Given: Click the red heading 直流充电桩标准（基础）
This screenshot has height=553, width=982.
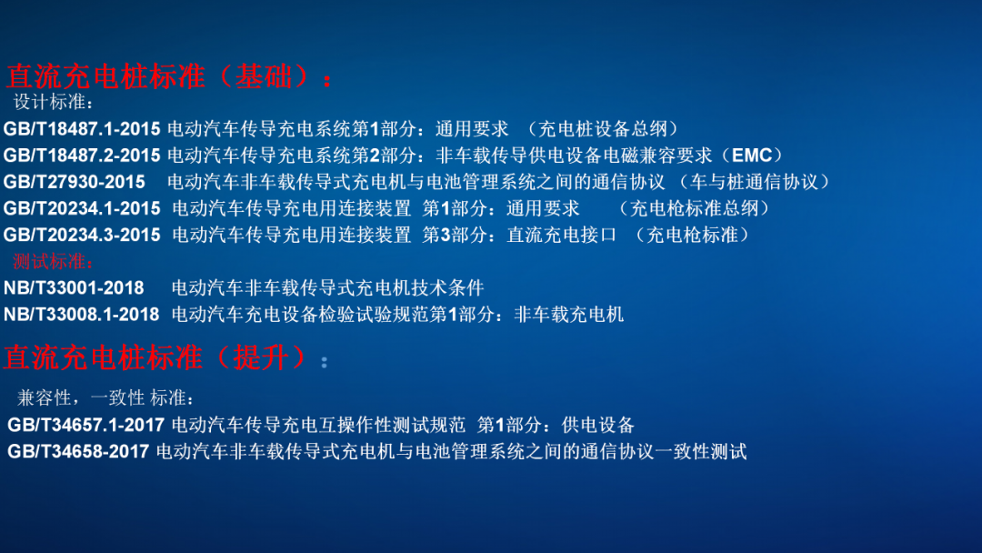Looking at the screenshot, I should (168, 75).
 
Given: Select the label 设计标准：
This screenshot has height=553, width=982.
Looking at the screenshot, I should (54, 102).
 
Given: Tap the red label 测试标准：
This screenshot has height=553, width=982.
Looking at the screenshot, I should (54, 262).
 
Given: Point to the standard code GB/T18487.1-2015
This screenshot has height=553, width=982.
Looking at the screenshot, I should (82, 129).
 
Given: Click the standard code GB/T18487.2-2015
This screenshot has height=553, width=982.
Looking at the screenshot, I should (82, 156).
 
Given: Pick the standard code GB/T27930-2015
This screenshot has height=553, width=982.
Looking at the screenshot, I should (74, 182).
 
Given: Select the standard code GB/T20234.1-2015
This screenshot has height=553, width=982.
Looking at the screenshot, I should (82, 208).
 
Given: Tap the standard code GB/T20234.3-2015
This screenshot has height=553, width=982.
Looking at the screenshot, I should (82, 235).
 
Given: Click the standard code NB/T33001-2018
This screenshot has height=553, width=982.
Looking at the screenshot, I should (74, 288).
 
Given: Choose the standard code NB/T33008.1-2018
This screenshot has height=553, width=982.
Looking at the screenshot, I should (82, 315).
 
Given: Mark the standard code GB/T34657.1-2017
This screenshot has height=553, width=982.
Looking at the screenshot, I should (86, 425).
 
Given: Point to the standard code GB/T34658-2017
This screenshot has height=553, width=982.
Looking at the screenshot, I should (78, 451).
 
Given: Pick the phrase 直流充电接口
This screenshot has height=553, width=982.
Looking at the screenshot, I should (561, 235).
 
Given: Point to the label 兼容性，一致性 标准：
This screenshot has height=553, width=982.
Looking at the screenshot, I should (105, 398).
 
